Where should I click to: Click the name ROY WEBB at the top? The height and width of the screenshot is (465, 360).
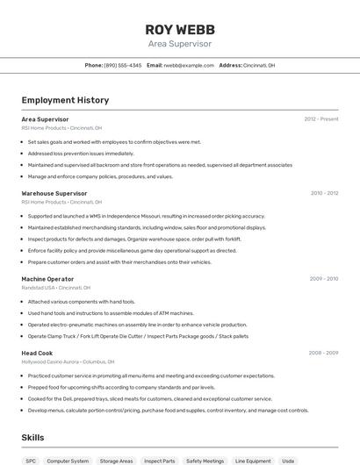pos(179,28)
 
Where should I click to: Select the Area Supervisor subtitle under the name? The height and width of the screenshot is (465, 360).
pos(179,43)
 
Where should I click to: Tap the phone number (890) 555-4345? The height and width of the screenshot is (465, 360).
pos(122,65)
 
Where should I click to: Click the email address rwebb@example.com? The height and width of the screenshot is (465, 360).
pos(189,65)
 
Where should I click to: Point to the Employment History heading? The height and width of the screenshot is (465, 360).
pos(65,100)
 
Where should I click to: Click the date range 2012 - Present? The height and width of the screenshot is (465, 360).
pos(321,118)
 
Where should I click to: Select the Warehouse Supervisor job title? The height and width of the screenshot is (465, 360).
pos(54,193)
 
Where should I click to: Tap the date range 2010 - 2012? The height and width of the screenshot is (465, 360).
pos(324,193)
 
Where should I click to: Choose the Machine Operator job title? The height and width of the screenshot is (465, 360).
pos(48,279)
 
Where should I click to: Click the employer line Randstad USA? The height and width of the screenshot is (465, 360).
pos(56,288)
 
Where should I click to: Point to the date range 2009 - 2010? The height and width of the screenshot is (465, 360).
pos(324,279)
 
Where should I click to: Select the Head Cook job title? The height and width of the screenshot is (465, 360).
pos(37,353)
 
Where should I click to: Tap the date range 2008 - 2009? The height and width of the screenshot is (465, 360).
pos(324,353)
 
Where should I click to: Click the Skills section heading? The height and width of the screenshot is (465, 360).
pos(32,437)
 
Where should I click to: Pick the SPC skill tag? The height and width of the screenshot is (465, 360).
pos(31,461)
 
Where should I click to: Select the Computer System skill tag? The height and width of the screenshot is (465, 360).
pos(68,461)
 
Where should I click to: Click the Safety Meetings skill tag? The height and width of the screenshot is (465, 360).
pos(205,461)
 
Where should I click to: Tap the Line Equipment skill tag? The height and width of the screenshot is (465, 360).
pos(253,461)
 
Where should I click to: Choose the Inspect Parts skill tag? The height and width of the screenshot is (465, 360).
pos(159,461)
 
